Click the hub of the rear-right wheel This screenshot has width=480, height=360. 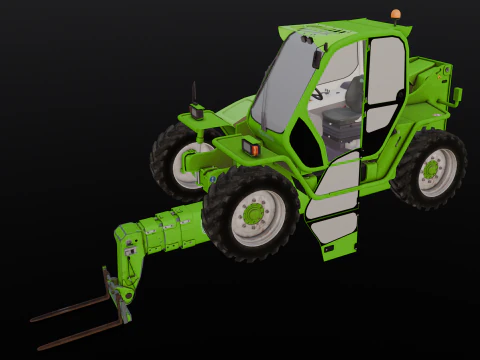point(431,169)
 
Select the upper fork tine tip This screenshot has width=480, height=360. point(36,319)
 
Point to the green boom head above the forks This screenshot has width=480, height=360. point(128,246)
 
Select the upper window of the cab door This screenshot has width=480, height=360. point(382,80)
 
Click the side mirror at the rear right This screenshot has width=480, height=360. point(457,96)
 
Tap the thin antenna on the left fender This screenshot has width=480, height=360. point(193,92)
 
